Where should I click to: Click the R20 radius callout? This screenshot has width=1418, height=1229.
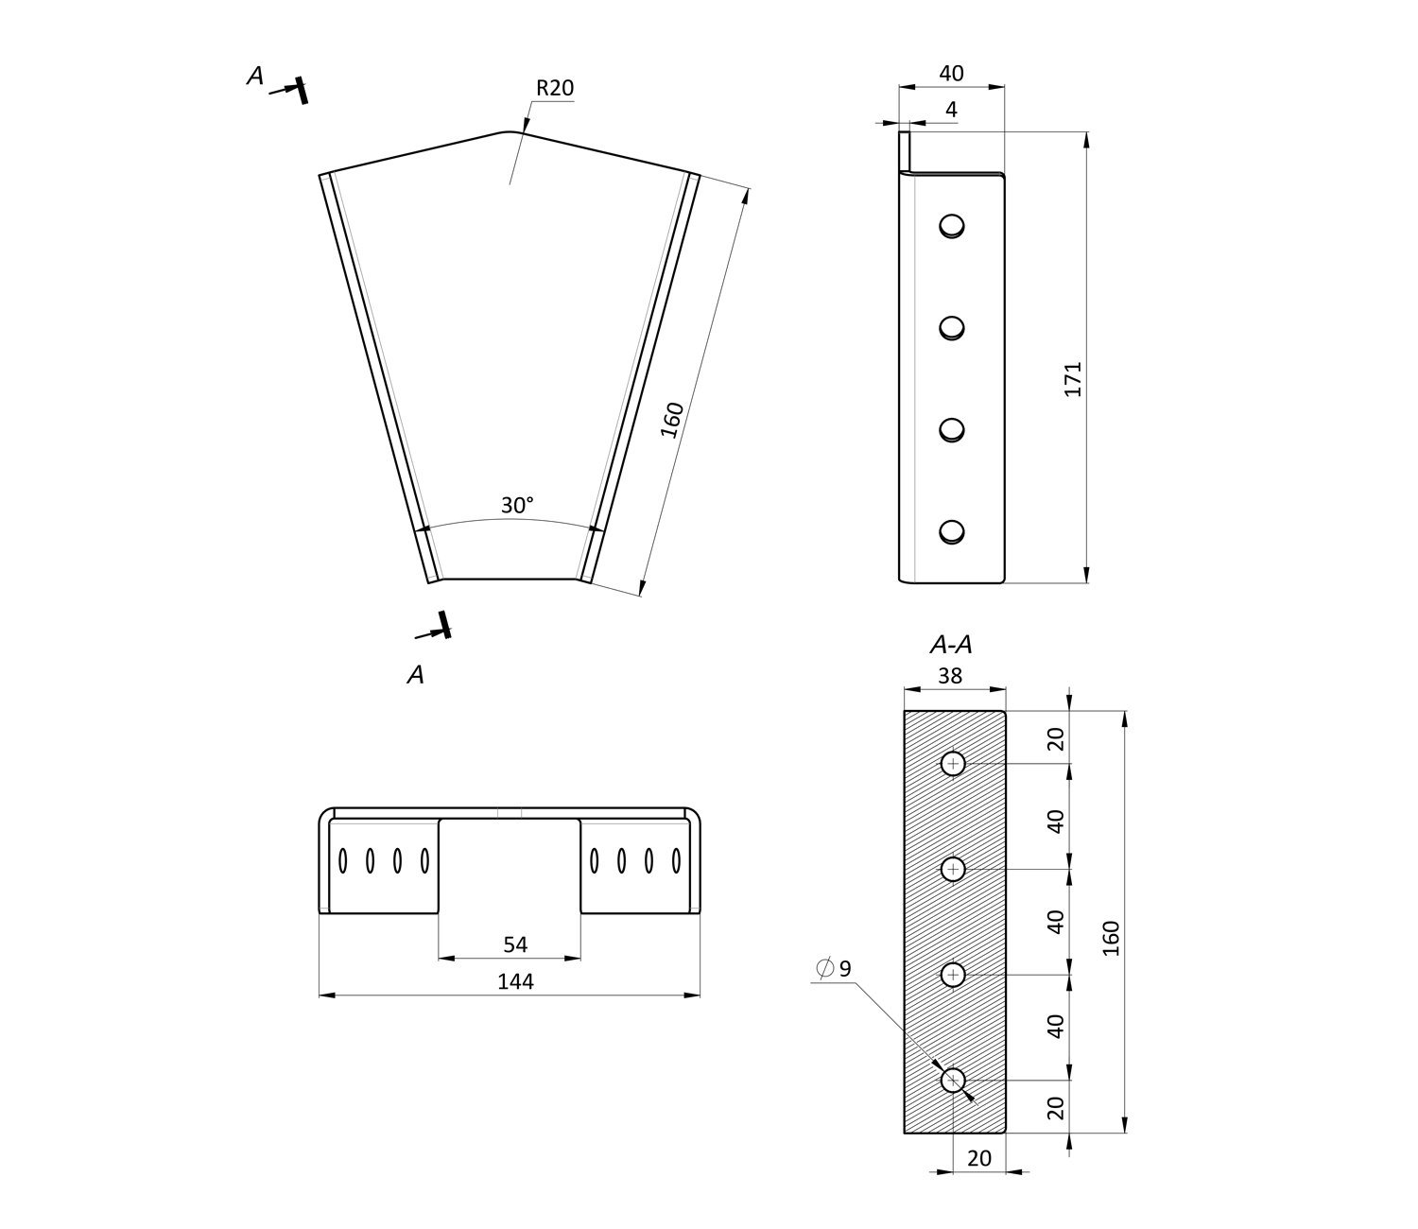[x=554, y=88]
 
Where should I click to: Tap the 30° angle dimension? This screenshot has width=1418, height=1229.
[x=517, y=506]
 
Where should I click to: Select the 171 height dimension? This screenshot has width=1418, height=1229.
[x=1073, y=379]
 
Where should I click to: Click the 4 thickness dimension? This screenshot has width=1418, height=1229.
[x=951, y=109]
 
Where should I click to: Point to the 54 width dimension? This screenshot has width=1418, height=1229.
[x=515, y=944]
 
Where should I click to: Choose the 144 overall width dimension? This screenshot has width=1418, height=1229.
[x=515, y=982]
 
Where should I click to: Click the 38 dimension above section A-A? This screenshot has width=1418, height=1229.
[x=950, y=676]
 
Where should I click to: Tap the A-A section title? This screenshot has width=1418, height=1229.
[x=951, y=645]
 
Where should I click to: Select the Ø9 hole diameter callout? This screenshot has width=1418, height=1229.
[x=834, y=968]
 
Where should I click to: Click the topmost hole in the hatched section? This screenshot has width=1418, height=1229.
[x=953, y=763]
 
